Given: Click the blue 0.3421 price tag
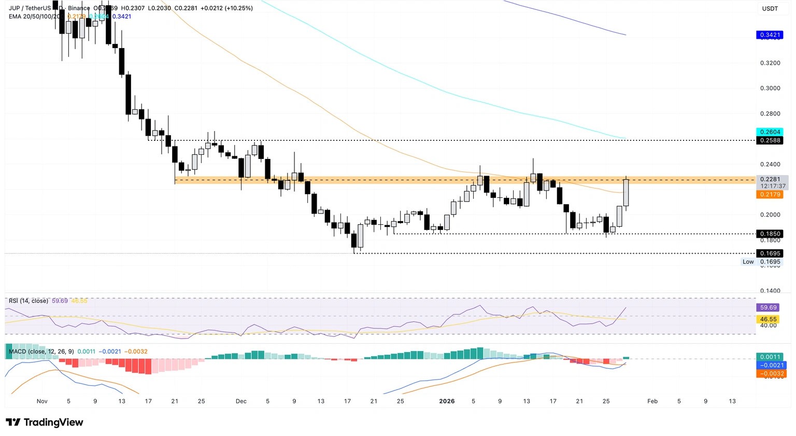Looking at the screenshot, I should [x=770, y=35].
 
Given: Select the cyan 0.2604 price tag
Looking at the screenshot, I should [x=770, y=132].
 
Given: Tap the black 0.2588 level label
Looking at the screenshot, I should [x=770, y=140].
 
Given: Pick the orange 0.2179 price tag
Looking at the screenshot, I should [x=770, y=194].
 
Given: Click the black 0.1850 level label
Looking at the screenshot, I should [x=770, y=234].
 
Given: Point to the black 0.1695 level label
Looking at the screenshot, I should [x=770, y=253].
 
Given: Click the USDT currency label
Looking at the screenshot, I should [x=770, y=9].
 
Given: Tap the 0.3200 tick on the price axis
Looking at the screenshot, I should [x=770, y=63].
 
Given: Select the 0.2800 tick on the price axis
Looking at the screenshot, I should [x=770, y=113].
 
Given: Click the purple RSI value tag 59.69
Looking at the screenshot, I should [x=768, y=308].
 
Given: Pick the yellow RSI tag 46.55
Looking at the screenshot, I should [x=768, y=319].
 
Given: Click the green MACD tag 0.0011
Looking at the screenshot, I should [x=770, y=357].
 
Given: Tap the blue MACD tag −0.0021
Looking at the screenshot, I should [x=772, y=365].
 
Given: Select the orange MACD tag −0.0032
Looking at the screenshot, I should [x=772, y=373].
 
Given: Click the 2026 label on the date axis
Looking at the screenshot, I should [x=447, y=401].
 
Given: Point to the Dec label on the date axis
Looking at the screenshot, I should [x=241, y=401].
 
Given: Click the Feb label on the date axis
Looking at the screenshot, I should [x=652, y=401].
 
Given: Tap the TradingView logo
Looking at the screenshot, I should [x=45, y=423].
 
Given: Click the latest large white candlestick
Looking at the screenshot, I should [x=626, y=193].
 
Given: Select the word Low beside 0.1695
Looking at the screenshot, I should [x=748, y=262].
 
